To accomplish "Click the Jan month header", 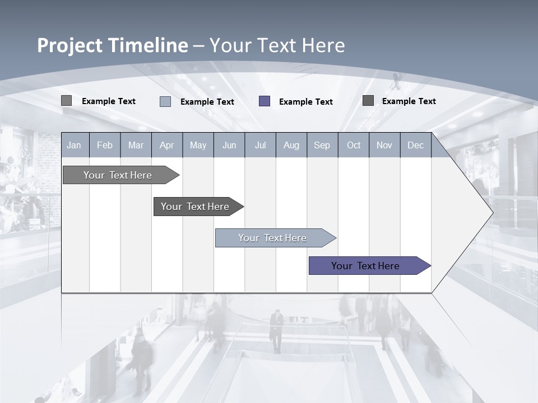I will click(74, 145).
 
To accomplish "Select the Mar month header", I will click(136, 145).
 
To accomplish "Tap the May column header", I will click(198, 145).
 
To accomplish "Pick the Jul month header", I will click(260, 145).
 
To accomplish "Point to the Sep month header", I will click(322, 145).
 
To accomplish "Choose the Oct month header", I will click(354, 145).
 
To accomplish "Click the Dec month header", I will click(415, 145).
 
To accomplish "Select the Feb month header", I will click(105, 145).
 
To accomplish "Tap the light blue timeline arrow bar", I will click(273, 238).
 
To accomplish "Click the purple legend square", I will click(265, 101).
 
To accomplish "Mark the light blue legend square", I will click(165, 101).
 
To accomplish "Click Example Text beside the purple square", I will click(306, 102).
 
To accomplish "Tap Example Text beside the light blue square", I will click(207, 102).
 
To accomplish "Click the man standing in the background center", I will click(276, 330).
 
